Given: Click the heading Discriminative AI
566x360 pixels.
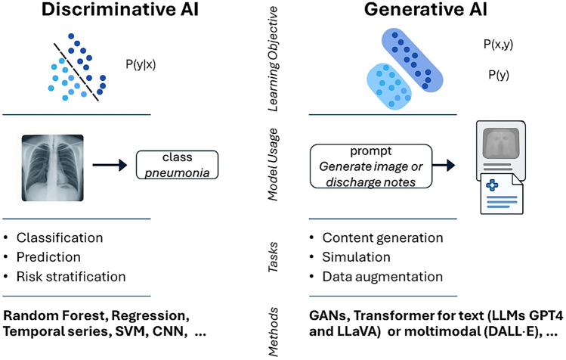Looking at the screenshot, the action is point(120,9).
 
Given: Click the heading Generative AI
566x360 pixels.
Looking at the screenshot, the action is point(425,9).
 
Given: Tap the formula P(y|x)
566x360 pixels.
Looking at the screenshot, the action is point(141,64).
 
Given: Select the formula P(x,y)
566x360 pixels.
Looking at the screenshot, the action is point(498,44).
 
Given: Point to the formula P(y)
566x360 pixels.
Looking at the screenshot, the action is point(499,75).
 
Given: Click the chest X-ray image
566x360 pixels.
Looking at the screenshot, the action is point(53,168).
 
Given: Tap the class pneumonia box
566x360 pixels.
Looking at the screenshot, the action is point(178,165).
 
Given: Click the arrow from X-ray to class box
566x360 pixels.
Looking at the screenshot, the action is point(110,165).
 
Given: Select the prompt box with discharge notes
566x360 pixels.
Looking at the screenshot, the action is point(371,166).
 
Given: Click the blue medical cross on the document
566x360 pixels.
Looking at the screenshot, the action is point(492,185).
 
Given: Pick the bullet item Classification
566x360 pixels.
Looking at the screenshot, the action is point(60,237).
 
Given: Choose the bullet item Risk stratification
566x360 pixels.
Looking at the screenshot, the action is point(71,277).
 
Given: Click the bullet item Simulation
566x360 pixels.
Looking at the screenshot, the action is point(356,257).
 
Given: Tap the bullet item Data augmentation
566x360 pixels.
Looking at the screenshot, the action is point(382,277).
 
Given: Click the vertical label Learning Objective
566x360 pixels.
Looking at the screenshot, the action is point(273,59).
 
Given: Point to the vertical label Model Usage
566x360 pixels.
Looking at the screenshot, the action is point(273,164).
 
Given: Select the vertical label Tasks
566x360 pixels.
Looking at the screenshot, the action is point(273,257).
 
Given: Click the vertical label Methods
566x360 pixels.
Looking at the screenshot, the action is point(273,332).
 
